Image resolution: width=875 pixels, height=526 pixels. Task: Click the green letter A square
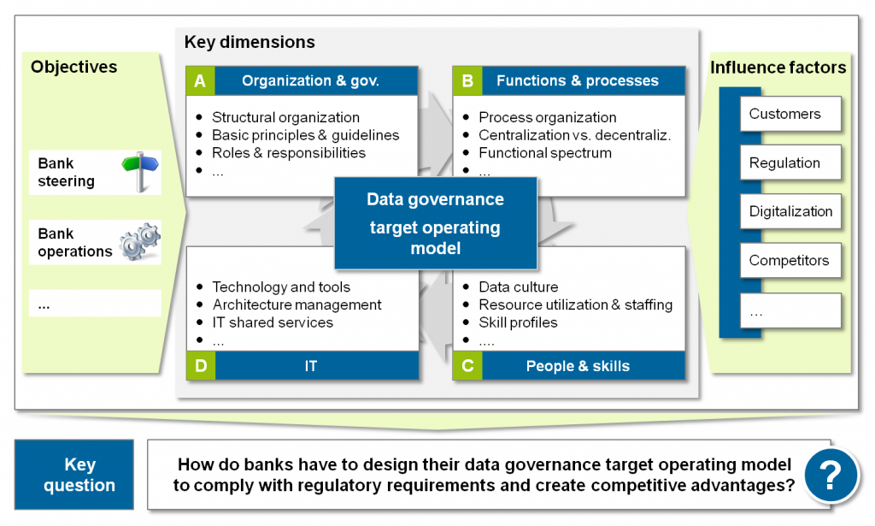(x=200, y=81)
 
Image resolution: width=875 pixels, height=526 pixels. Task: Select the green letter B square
(x=467, y=81)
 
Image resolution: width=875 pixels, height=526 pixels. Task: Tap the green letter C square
(x=467, y=366)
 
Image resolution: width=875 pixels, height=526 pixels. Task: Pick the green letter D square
(x=200, y=366)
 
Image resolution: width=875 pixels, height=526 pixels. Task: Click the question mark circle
(x=831, y=472)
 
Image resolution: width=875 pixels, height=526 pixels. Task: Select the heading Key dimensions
(x=250, y=42)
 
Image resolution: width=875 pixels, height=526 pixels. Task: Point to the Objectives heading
(x=74, y=67)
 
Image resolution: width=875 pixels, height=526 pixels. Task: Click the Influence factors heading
(x=778, y=67)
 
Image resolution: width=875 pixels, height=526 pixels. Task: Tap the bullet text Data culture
(x=518, y=287)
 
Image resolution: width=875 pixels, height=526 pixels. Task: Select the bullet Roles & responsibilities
(x=288, y=153)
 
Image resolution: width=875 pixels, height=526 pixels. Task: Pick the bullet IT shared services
(x=272, y=322)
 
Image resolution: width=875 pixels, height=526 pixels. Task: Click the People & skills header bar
(x=578, y=366)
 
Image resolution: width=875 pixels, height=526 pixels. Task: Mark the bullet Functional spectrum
(x=544, y=153)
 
